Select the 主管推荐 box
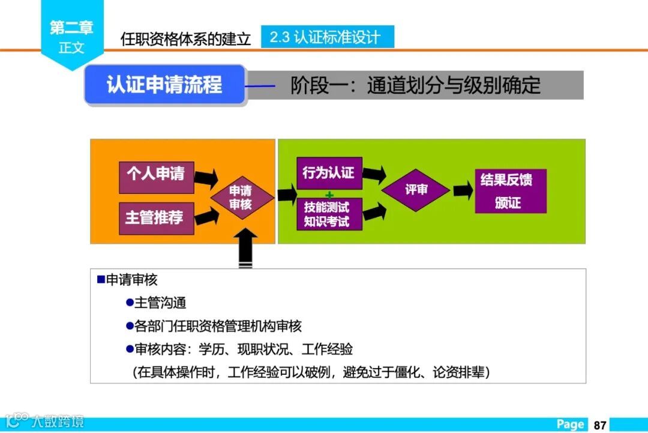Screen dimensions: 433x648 tap(155, 217)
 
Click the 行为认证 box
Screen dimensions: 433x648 tap(329, 174)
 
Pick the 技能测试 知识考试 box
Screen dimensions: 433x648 tap(329, 214)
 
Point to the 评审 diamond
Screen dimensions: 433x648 tap(416, 190)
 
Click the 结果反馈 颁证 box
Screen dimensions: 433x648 tap(510, 191)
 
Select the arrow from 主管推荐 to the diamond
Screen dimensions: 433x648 tap(206, 216)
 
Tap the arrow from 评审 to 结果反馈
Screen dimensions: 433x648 tap(463, 191)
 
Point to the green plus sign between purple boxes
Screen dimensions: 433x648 tap(329, 195)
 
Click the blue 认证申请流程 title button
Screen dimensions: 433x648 tap(165, 85)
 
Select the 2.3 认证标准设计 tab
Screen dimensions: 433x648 tap(327, 37)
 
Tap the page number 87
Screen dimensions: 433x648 tap(599, 425)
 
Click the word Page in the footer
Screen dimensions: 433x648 tap(570, 425)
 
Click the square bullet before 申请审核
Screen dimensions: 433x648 tap(101, 280)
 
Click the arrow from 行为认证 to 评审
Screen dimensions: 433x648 tap(373, 175)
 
